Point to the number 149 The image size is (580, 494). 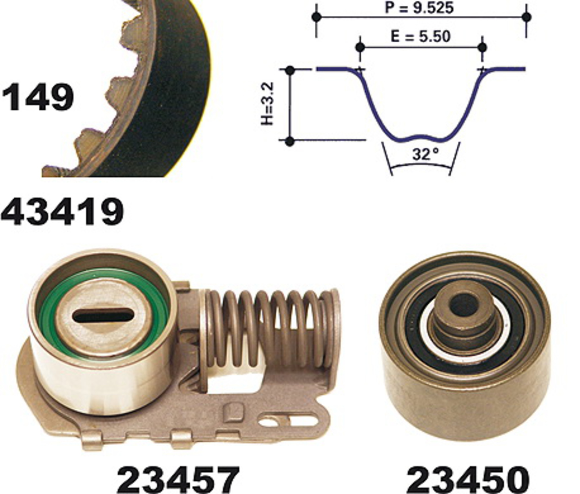[x=38, y=97]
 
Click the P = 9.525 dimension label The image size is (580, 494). [x=419, y=8]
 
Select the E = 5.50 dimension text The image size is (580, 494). [x=420, y=37]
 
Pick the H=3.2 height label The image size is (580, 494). [x=267, y=104]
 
